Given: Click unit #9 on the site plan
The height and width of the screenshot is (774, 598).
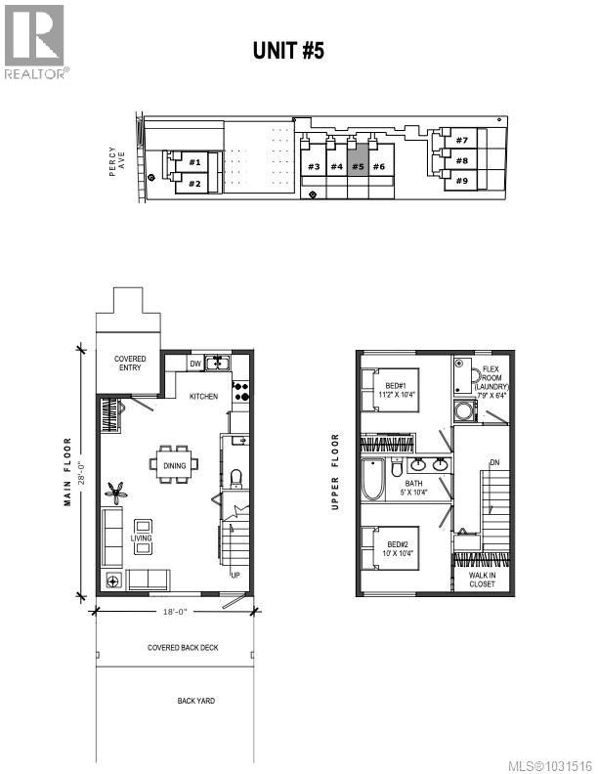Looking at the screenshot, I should pos(461,181).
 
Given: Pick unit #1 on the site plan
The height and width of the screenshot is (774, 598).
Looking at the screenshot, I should pos(194,162).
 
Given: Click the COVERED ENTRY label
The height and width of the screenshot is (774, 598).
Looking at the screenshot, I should pos(130,364).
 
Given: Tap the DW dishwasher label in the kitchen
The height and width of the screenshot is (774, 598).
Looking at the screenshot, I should pos(194,365).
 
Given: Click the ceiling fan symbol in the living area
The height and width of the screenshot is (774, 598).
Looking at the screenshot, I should pos(116,490).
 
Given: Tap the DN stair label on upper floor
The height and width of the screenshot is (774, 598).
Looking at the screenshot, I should pos(494,462).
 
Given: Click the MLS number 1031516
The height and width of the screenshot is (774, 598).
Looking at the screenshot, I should pos(553,764).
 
